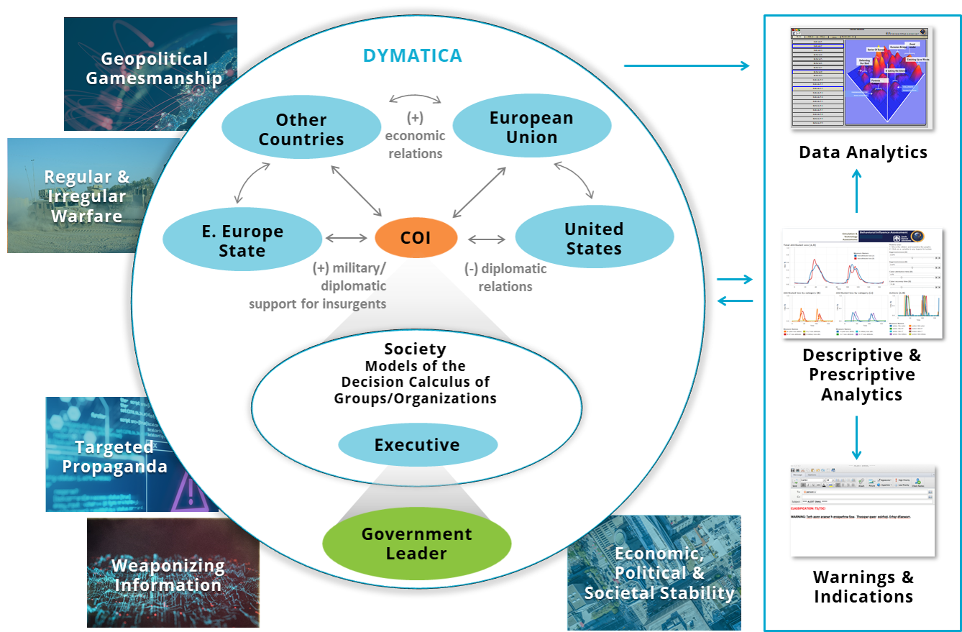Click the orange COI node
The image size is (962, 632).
(x=416, y=238)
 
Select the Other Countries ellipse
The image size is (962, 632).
(x=301, y=129)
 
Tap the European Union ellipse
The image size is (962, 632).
(x=531, y=127)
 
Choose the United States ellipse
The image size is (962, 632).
(x=594, y=239)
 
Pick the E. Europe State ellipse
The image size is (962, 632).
(x=242, y=241)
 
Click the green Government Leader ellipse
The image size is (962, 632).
(x=416, y=544)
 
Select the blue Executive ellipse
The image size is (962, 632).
(x=417, y=445)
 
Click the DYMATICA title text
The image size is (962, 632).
(x=413, y=55)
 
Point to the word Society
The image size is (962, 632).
(x=415, y=349)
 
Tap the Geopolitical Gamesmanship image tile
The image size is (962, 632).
(x=151, y=74)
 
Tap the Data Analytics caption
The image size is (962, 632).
(x=863, y=152)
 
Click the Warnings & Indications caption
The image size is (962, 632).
(x=863, y=587)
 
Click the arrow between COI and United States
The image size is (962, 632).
(x=486, y=239)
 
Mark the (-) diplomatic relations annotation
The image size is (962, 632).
(x=505, y=278)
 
